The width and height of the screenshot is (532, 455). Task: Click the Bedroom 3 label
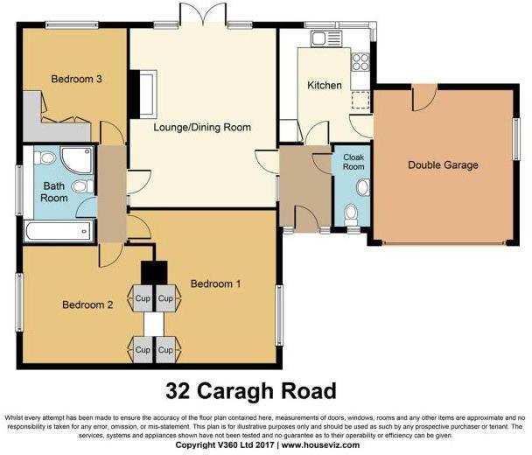[76, 79]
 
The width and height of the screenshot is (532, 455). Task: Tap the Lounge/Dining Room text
[202, 127]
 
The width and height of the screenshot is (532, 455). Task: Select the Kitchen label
[325, 85]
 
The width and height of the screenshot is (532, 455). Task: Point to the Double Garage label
[443, 165]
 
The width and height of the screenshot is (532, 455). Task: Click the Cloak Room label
[353, 162]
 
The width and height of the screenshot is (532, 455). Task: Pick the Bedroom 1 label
[216, 283]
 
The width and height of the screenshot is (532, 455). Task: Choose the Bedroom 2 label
[87, 304]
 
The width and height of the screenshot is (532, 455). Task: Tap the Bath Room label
[54, 192]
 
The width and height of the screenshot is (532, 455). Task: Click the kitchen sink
[325, 38]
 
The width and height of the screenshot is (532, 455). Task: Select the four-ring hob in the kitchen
[360, 62]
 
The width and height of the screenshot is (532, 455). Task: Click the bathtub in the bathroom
[59, 231]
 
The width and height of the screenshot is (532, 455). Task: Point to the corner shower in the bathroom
[77, 160]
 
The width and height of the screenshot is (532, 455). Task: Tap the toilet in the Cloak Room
[351, 214]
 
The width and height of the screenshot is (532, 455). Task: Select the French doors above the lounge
[203, 14]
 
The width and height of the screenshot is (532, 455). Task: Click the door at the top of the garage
[424, 98]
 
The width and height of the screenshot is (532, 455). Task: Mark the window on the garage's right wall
[516, 139]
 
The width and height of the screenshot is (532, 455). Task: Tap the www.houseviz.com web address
[320, 444]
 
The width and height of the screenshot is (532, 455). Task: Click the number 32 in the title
[178, 391]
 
